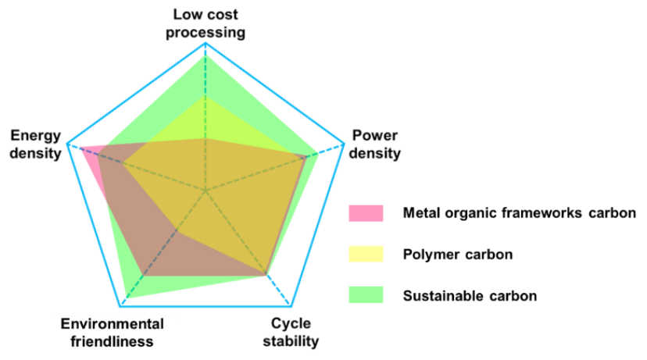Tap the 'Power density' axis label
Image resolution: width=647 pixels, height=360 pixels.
click(374, 144)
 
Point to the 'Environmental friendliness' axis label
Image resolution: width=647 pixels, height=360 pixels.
click(113, 332)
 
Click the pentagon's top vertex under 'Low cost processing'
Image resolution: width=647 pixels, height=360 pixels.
click(206, 44)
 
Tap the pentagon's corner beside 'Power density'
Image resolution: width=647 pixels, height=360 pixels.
click(344, 144)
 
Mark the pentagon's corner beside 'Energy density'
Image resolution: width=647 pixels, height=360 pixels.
click(67, 144)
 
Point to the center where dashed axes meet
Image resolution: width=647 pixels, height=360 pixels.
click(206, 189)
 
